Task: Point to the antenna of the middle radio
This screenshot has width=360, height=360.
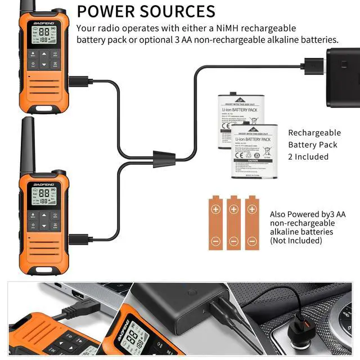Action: [x=28, y=146]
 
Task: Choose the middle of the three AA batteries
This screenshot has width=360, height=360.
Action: [x=233, y=223]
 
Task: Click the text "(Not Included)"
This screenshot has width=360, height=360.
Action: [x=296, y=240]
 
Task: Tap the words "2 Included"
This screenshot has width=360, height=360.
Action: [x=308, y=156]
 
